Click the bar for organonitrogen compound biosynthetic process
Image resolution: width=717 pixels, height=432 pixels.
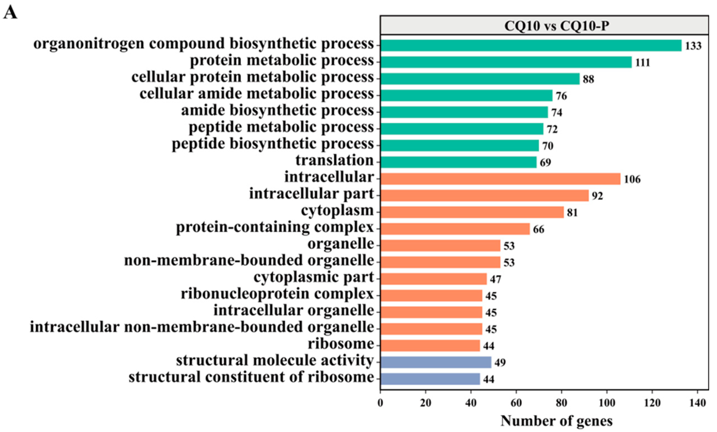(530, 45)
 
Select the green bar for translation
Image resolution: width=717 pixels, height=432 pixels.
(458, 162)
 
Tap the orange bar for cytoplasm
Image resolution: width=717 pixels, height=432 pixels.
(472, 212)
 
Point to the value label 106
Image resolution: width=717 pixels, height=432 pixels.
(632, 179)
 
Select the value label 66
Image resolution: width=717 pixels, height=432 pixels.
(538, 229)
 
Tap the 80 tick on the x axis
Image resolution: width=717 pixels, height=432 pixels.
(561, 403)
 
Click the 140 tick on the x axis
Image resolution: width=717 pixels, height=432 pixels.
(697, 403)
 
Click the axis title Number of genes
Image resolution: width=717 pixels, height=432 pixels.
(556, 421)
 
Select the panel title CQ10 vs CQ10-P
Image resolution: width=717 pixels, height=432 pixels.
(556, 26)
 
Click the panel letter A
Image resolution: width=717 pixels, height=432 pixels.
(11, 12)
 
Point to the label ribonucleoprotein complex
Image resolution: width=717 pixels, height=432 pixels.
(277, 294)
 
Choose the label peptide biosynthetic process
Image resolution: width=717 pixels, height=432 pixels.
(273, 144)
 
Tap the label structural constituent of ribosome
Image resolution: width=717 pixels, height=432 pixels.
(251, 377)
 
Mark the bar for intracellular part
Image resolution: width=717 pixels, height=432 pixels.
(484, 195)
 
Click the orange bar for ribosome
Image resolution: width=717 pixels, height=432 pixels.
(430, 345)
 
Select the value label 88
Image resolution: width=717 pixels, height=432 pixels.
(588, 79)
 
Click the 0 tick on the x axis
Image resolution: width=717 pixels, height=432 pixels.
(380, 403)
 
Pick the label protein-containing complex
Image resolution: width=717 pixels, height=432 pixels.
(275, 227)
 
